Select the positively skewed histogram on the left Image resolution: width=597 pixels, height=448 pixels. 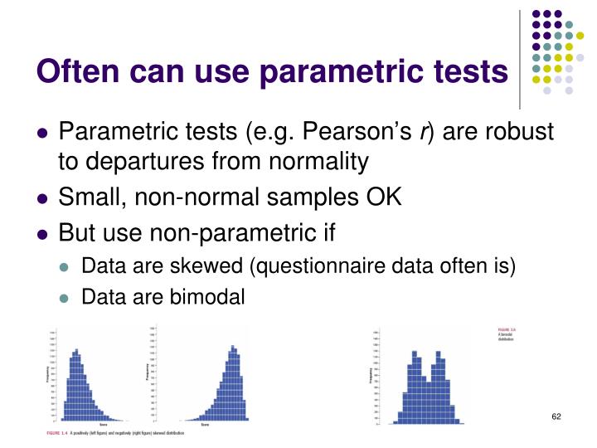click(x=84, y=382)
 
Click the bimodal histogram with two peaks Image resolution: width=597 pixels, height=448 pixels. click(x=428, y=382)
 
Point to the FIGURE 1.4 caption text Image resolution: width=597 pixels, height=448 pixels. click(x=115, y=433)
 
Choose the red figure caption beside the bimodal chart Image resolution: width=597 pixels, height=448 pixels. click(x=507, y=334)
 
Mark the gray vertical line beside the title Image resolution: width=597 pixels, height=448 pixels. click(x=520, y=59)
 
